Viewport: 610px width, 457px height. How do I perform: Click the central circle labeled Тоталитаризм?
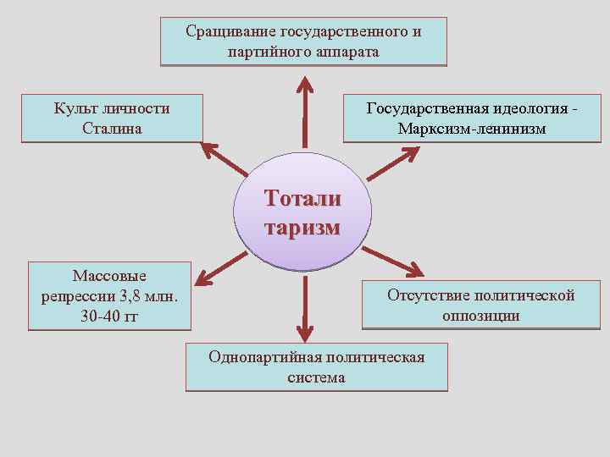pos(302,213)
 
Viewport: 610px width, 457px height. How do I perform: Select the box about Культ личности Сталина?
pos(112,118)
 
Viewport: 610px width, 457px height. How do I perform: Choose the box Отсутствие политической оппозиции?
pos(480,305)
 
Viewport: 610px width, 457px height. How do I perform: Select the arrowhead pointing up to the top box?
pos(303,85)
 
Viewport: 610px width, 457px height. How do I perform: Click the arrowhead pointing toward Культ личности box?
pos(208,151)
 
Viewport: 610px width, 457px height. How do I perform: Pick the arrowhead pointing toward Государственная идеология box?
pos(408,155)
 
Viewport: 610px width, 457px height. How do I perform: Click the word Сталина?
pos(112,129)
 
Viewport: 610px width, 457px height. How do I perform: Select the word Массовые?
pos(109,276)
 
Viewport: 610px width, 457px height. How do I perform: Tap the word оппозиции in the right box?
pos(480,316)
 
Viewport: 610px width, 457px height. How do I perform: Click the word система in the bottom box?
pos(316,377)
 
